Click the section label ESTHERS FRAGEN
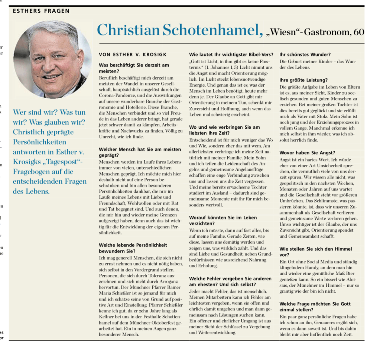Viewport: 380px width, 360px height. pyautogui.click(x=41, y=11)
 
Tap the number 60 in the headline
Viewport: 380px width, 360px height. pyautogui.click(x=358, y=32)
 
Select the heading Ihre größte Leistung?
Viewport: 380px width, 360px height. pyautogui.click(x=303, y=80)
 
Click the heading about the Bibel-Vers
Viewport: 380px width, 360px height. pyautogui.click(x=231, y=54)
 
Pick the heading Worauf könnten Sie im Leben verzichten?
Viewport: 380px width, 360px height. pyautogui.click(x=223, y=221)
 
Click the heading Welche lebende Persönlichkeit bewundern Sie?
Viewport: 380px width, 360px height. pyautogui.click(x=133, y=248)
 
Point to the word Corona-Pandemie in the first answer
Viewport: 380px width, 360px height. pyautogui.click(x=117, y=95)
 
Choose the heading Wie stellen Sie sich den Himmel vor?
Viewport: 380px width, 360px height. pyautogui.click(x=315, y=252)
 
